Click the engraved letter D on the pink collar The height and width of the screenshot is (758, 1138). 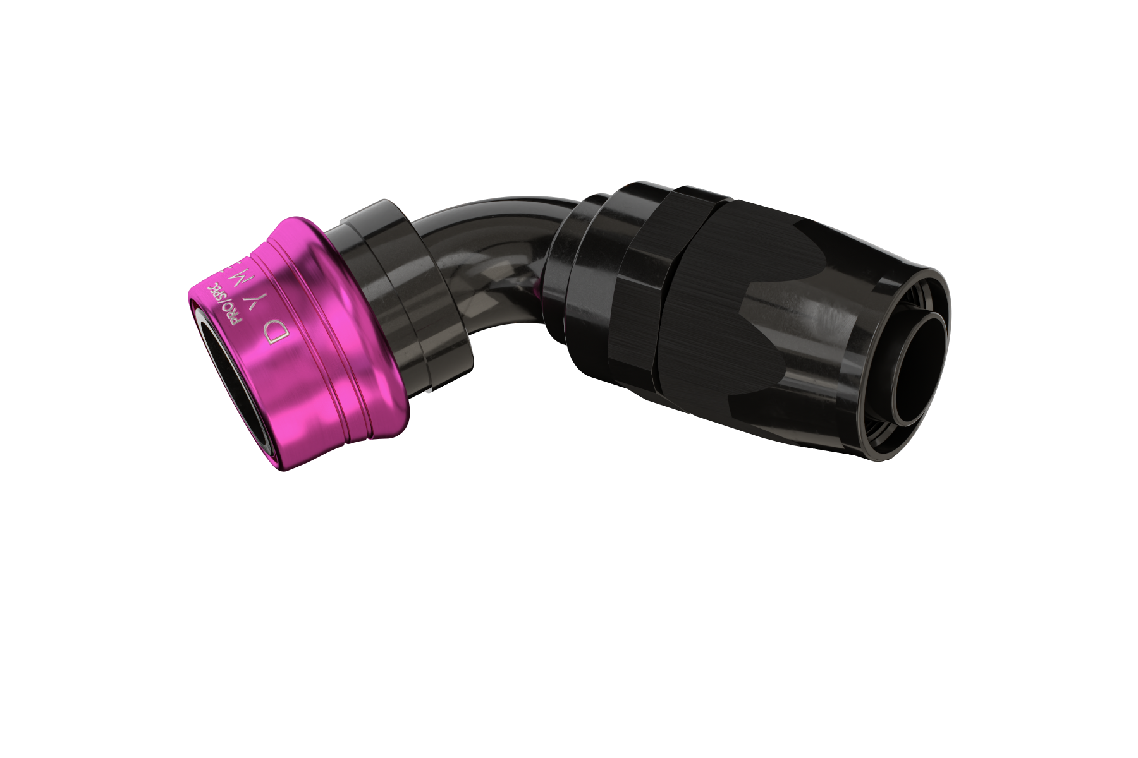[x=276, y=329]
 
